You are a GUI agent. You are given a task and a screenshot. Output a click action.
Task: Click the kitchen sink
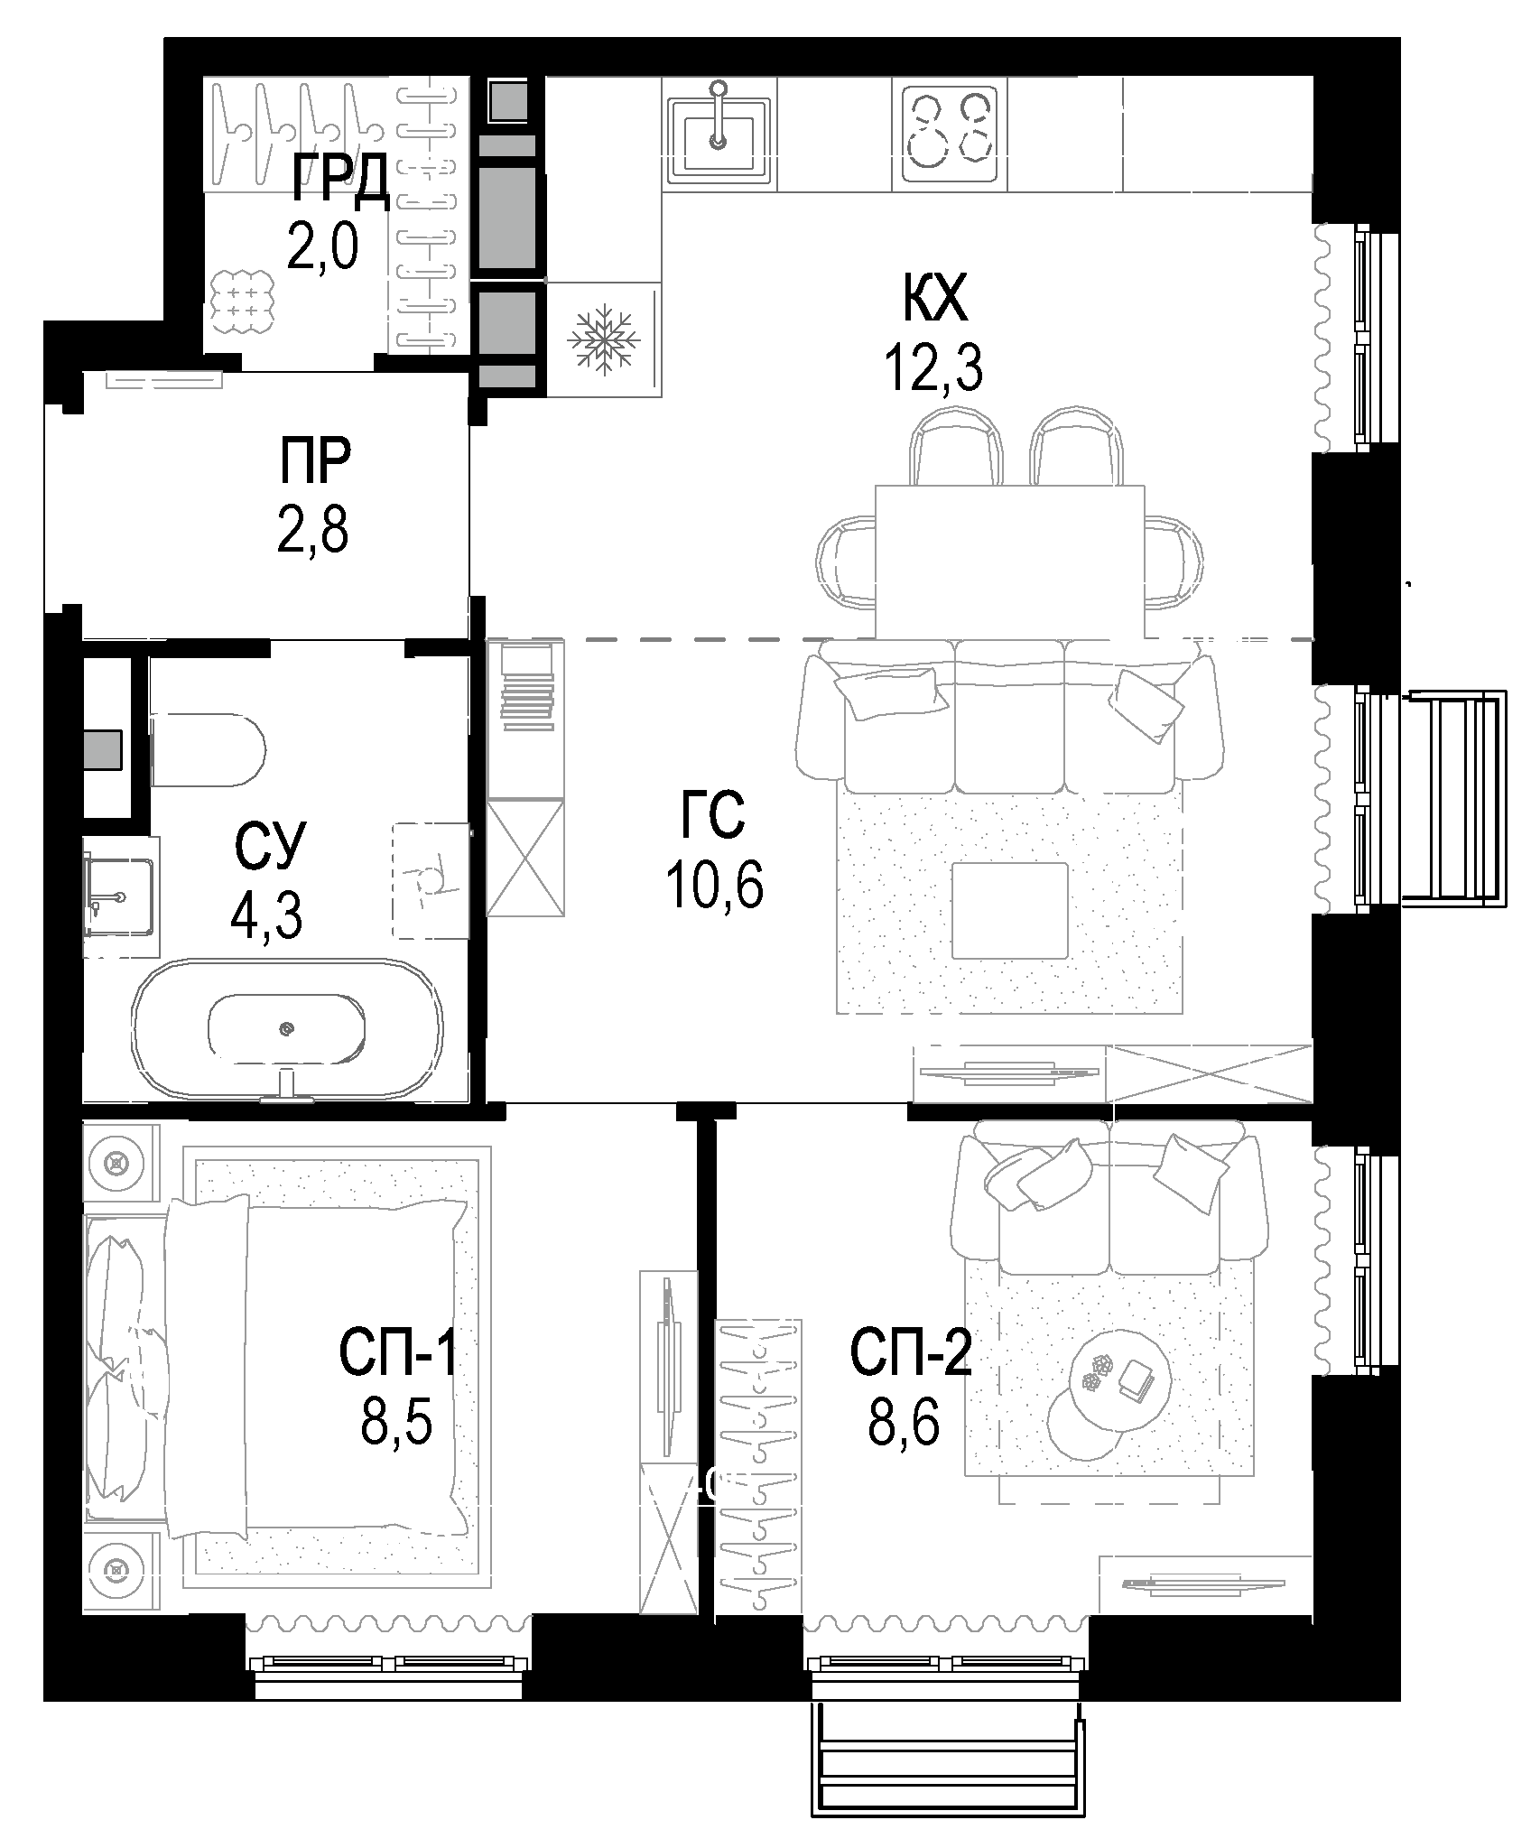click(x=719, y=132)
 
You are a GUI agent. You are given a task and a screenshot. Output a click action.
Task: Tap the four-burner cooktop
click(x=948, y=132)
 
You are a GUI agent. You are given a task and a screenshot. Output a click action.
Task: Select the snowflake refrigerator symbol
click(x=602, y=339)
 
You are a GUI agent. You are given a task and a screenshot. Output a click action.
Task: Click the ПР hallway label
click(x=314, y=462)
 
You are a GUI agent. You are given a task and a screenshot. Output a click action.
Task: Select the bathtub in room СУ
click(x=287, y=1029)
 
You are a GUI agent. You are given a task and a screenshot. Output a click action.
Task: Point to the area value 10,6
click(x=714, y=885)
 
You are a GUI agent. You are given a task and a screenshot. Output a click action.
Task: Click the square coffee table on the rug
click(x=1010, y=910)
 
